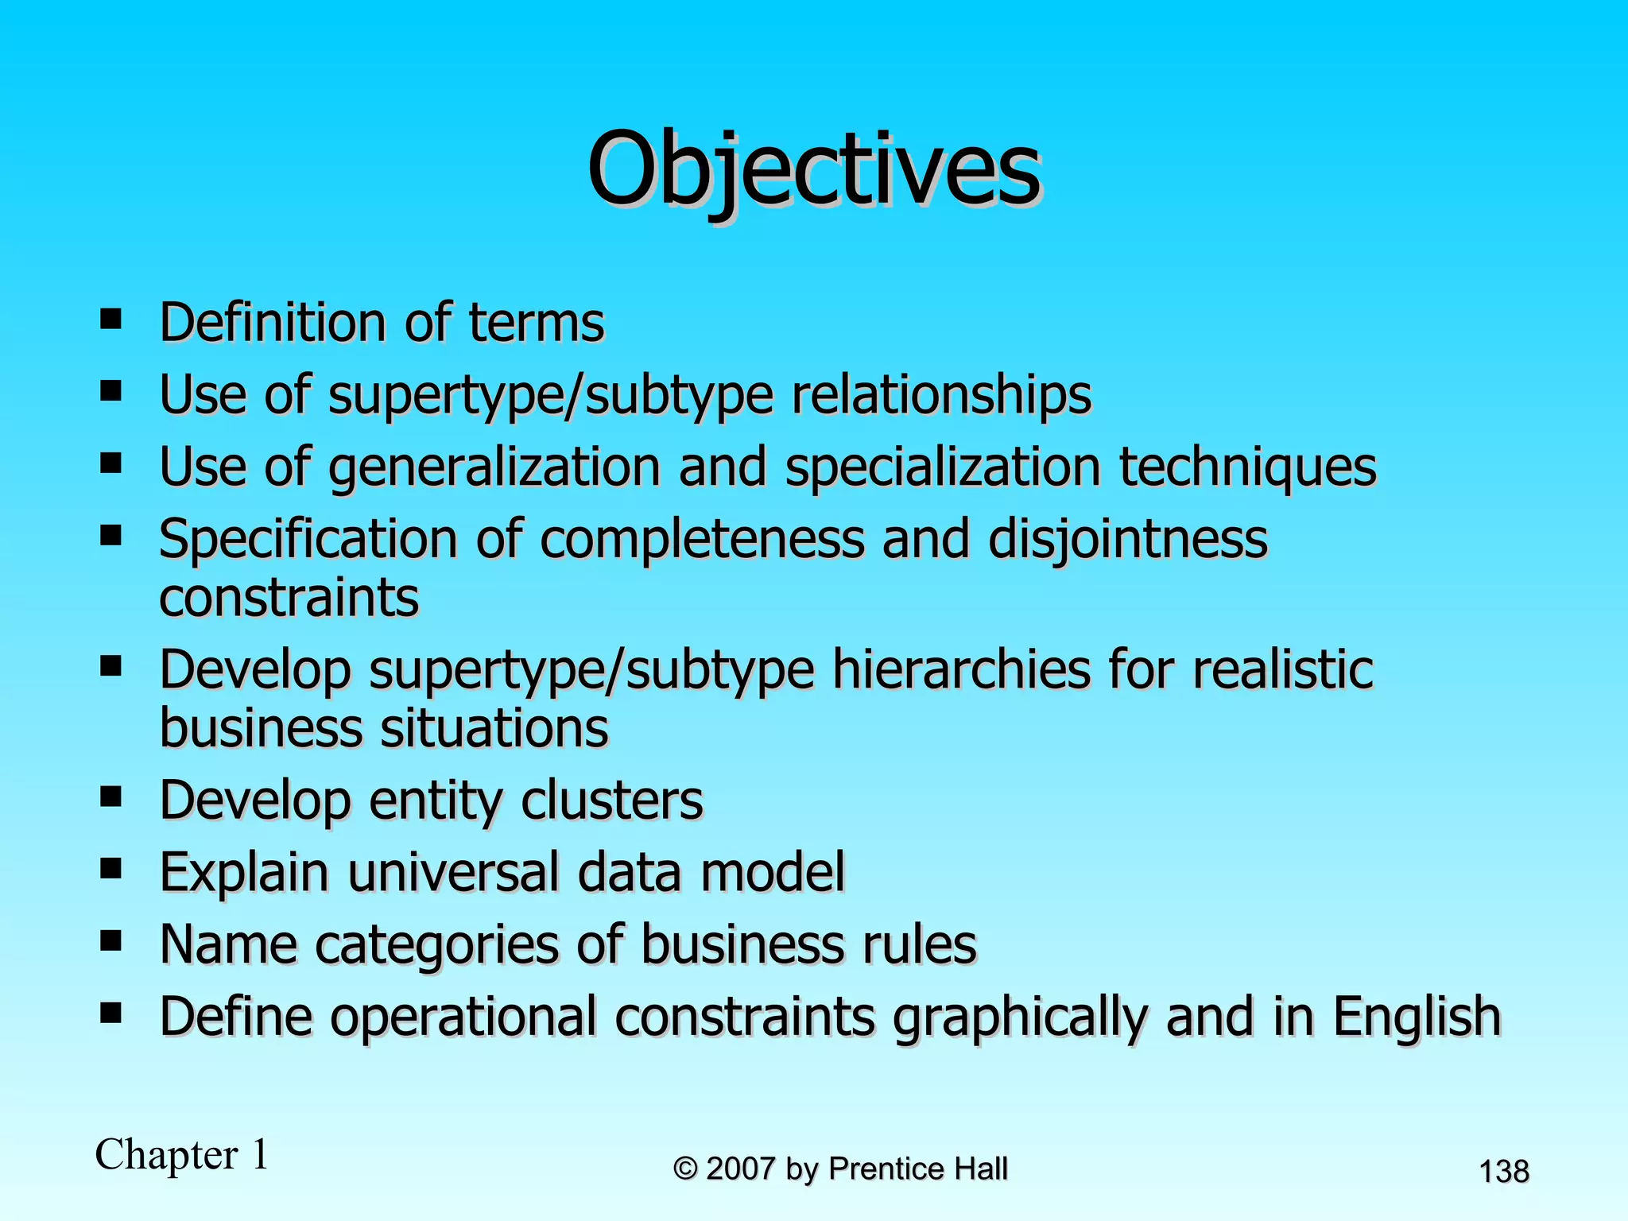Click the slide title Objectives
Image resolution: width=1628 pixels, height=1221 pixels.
coord(813,169)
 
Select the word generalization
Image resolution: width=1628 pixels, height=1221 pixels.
coord(494,467)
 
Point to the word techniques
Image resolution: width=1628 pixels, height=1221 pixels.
coord(1248,467)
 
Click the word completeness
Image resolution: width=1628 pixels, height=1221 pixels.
coord(702,539)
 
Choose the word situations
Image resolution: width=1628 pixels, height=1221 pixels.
coord(494,728)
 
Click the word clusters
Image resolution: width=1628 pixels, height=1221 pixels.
coord(611,800)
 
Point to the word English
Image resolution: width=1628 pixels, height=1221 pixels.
coord(1417,1017)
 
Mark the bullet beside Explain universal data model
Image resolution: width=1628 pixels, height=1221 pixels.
coord(110,868)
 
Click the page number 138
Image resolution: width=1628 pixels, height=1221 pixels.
coord(1503,1172)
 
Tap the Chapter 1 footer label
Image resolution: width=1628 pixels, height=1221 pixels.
coord(181,1154)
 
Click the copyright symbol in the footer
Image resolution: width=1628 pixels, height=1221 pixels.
coord(685,1169)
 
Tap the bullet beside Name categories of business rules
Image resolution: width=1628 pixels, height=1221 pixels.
coord(110,941)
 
